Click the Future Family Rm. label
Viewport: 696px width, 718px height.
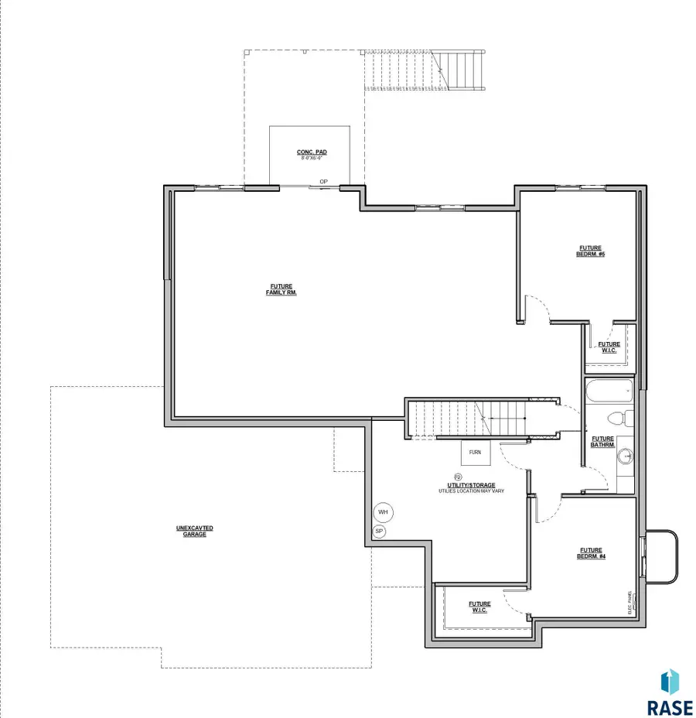coord(281,290)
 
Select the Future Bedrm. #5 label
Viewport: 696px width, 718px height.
coord(590,251)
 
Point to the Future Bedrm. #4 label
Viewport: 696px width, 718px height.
coord(591,554)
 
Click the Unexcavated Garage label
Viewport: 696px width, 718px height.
coord(194,532)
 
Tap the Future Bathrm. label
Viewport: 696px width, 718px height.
coord(602,442)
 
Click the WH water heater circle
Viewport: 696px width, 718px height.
coord(383,512)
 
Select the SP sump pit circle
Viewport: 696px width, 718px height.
coord(379,532)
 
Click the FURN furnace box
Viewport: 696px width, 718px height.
coord(475,453)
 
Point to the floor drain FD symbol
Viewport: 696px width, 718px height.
coord(457,477)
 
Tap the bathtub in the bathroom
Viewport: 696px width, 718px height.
coord(609,391)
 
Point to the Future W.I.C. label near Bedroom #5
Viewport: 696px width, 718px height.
coord(609,347)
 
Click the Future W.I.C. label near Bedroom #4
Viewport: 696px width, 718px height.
coord(479,607)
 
